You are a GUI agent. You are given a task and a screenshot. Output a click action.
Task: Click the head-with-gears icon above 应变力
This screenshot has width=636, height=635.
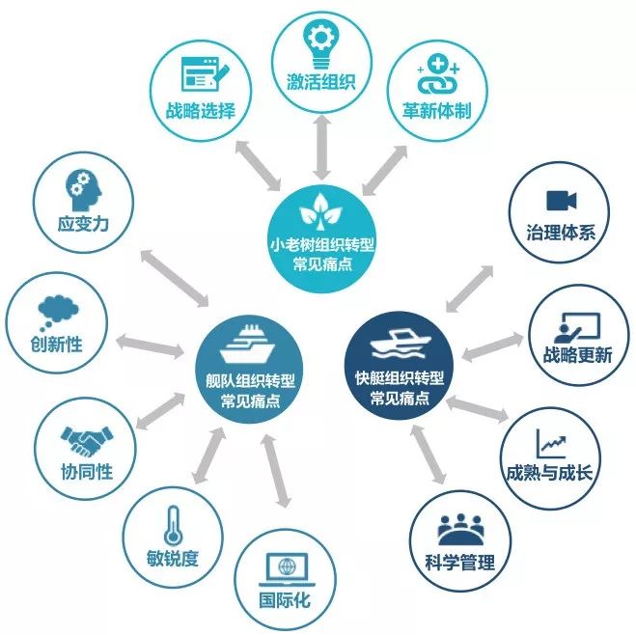(78, 187)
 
